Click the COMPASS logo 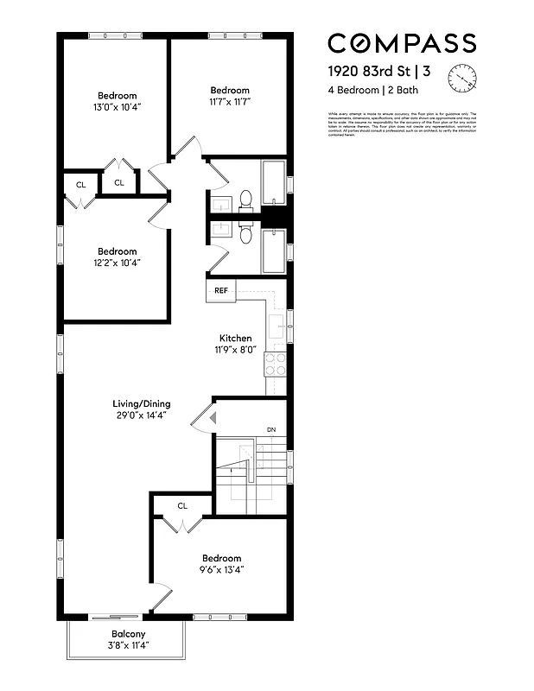(x=401, y=42)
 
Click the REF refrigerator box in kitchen (x=221, y=290)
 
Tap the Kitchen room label (x=235, y=338)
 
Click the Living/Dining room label (x=142, y=403)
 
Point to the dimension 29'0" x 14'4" (x=142, y=415)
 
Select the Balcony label (x=127, y=633)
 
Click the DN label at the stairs (x=270, y=429)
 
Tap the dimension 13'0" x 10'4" (x=117, y=107)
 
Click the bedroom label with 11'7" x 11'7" (x=230, y=90)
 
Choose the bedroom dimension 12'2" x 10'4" (x=117, y=263)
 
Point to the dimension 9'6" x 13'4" (x=222, y=570)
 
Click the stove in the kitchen (x=275, y=364)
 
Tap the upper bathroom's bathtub (x=275, y=183)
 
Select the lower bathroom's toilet (x=245, y=235)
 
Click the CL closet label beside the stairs (x=182, y=506)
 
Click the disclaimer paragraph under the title (x=402, y=124)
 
